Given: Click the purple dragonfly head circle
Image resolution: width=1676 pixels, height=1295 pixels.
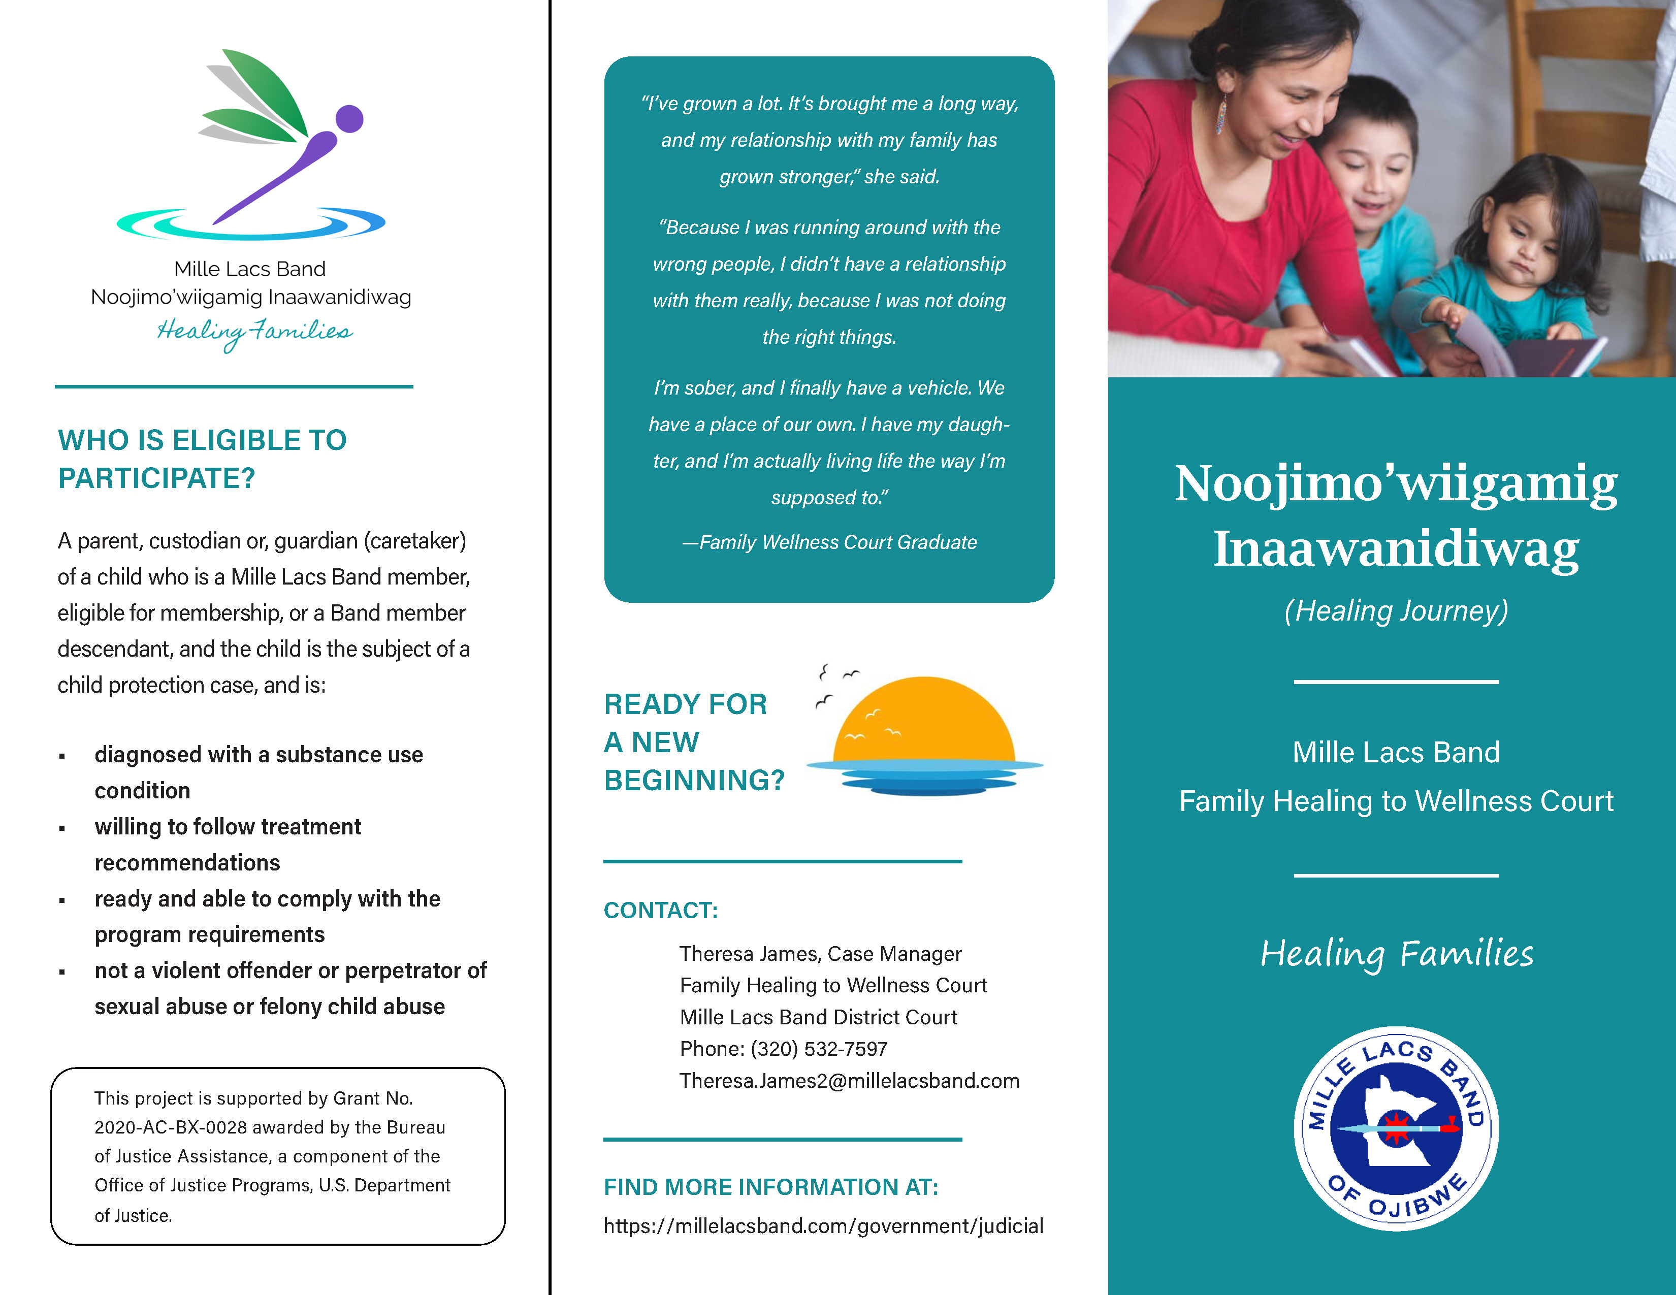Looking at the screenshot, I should pyautogui.click(x=350, y=119).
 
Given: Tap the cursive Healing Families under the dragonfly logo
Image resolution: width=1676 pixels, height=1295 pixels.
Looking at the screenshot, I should pyautogui.click(x=255, y=332).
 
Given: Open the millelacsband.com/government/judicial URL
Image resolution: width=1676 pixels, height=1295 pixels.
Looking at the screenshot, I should pyautogui.click(x=823, y=1226).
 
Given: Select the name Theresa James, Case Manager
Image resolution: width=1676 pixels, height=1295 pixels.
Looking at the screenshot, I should pyautogui.click(x=820, y=954).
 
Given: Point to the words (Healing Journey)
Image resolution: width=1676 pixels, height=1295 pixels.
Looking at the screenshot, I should pyautogui.click(x=1396, y=610).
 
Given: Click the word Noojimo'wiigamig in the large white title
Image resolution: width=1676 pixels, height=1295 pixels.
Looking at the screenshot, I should pyautogui.click(x=1396, y=483).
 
